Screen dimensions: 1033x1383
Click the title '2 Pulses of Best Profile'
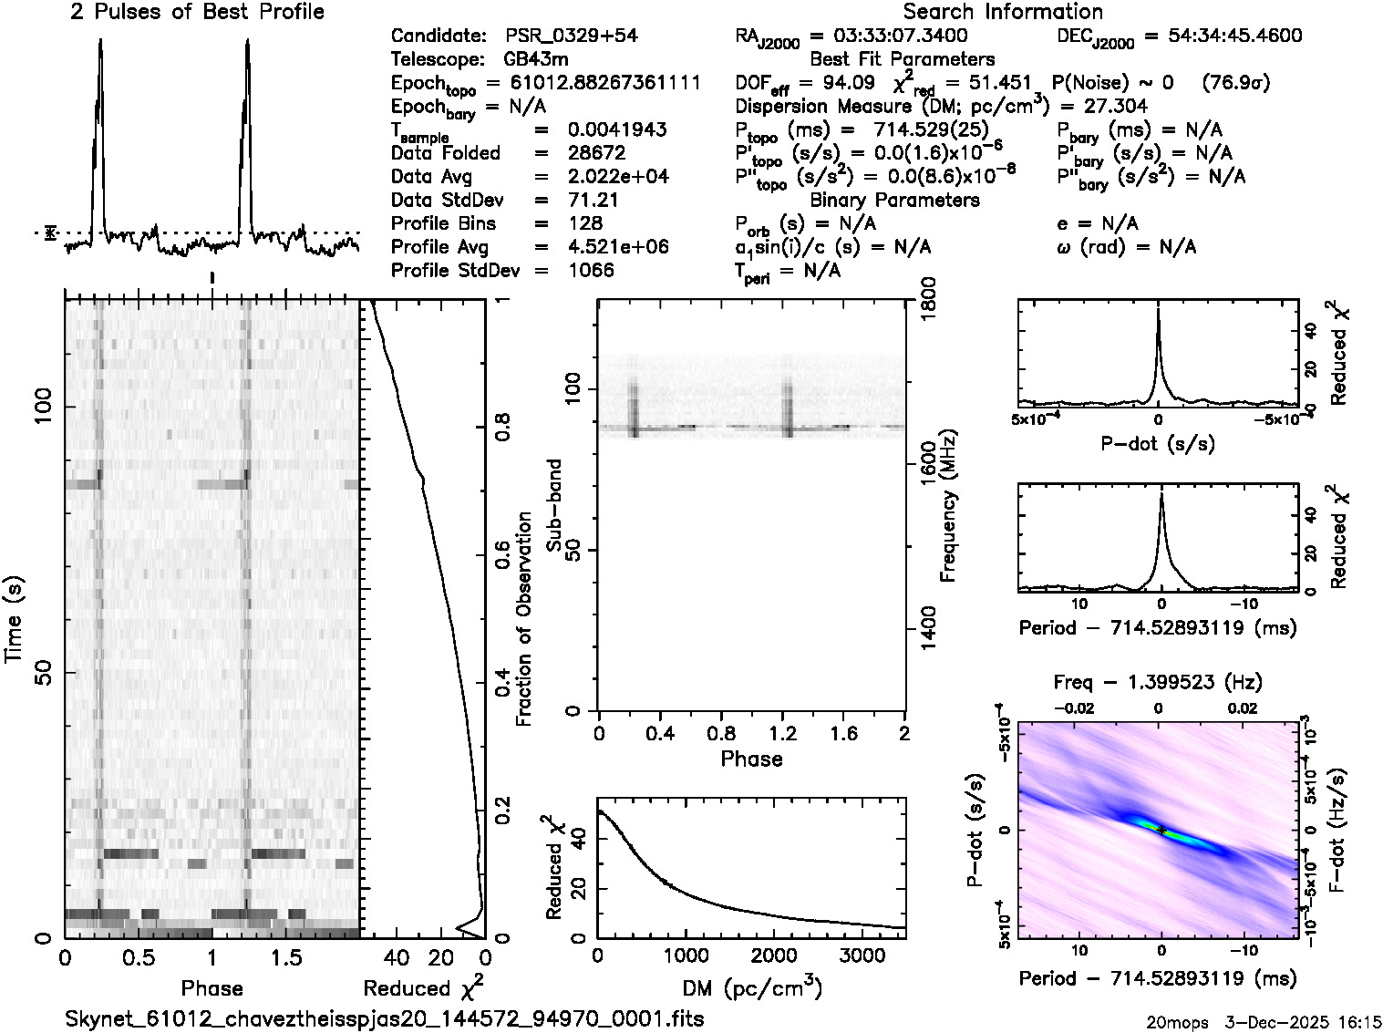pyautogui.click(x=197, y=12)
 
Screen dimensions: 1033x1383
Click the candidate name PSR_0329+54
pyautogui.click(x=572, y=36)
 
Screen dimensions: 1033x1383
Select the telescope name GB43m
pyautogui.click(x=536, y=59)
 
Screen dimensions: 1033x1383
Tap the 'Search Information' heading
pyautogui.click(x=1002, y=12)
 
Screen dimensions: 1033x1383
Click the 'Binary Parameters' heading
pyautogui.click(x=894, y=200)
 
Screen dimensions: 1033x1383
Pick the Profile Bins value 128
pyautogui.click(x=584, y=223)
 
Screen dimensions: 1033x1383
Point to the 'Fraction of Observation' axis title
pyautogui.click(x=524, y=619)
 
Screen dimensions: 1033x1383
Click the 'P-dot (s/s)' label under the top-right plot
pyautogui.click(x=1158, y=444)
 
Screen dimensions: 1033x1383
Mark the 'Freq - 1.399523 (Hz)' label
pyautogui.click(x=1158, y=682)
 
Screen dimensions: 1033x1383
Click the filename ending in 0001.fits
pyautogui.click(x=385, y=1018)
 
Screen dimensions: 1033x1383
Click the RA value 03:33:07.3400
pyautogui.click(x=889, y=36)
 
